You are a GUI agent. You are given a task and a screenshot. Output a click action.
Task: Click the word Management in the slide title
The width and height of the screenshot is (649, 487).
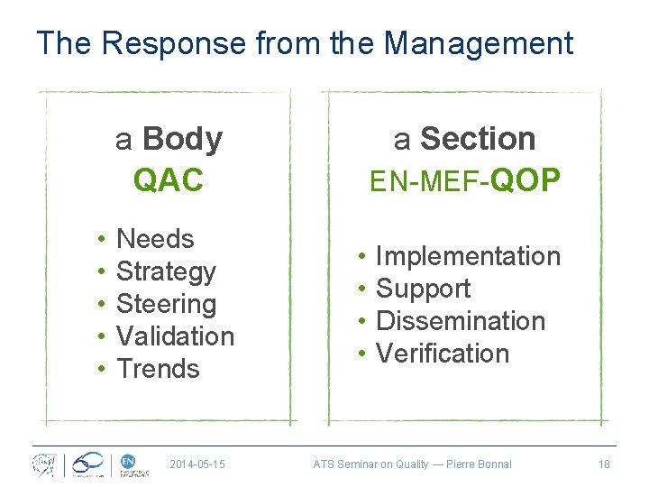point(484,42)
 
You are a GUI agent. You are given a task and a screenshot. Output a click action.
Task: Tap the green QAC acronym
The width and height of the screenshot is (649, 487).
point(169,180)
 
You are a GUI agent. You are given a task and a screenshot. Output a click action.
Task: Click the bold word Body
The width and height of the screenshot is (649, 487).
point(182,139)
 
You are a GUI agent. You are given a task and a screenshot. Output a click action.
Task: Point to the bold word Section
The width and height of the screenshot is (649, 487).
point(478,139)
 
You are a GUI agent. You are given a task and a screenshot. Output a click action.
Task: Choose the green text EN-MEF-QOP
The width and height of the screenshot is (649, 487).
point(465,180)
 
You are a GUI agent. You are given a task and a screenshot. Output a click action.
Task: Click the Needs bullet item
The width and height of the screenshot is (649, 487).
point(155,239)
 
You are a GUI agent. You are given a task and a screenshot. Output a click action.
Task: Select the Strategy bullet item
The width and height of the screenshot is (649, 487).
point(166,271)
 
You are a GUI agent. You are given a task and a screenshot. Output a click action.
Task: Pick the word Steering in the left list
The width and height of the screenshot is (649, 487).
point(166,304)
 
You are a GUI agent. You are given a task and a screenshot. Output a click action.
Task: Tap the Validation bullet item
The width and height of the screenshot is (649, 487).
point(175,336)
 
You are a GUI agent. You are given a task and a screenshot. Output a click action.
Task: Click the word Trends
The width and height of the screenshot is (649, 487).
point(158,369)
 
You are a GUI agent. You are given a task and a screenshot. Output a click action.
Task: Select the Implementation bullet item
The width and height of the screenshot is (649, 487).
point(468,256)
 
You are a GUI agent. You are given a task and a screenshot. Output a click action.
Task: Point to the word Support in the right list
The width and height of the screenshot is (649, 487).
point(423,289)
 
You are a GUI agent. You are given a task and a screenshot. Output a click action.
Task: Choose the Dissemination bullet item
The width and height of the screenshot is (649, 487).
point(460,321)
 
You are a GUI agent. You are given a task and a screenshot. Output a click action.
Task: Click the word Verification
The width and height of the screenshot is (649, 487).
point(442,354)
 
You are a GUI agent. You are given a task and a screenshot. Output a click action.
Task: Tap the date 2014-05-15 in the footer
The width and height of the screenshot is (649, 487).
point(197,464)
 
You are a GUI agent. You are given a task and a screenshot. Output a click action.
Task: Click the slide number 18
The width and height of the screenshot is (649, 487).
point(604,464)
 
